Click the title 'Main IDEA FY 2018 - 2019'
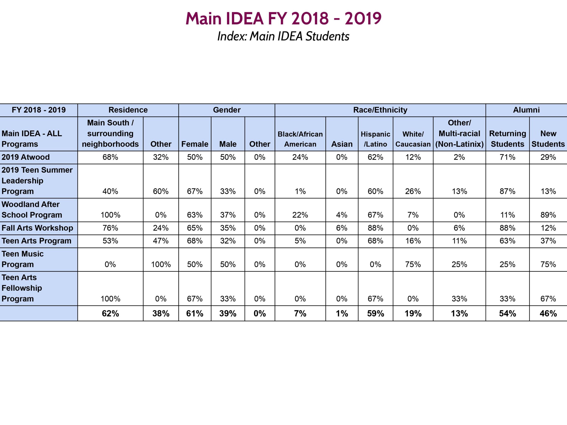click(x=283, y=18)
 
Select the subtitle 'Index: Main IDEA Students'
click(x=283, y=36)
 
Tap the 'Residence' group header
click(x=128, y=110)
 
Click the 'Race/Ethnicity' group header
click(x=380, y=110)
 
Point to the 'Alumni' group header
click(x=526, y=110)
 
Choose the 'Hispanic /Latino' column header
click(x=375, y=139)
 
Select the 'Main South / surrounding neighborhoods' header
click(x=110, y=133)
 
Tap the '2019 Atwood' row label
click(x=26, y=157)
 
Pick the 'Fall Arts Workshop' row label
click(x=37, y=228)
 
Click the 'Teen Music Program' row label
click(x=23, y=259)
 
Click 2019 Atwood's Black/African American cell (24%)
click(x=300, y=157)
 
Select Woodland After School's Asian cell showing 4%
click(x=342, y=215)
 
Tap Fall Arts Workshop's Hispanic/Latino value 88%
click(x=375, y=228)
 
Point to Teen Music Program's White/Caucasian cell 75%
click(x=413, y=264)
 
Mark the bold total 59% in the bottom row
click(x=375, y=313)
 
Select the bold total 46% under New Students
click(x=548, y=313)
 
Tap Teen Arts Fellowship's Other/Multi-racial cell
click(x=459, y=299)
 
